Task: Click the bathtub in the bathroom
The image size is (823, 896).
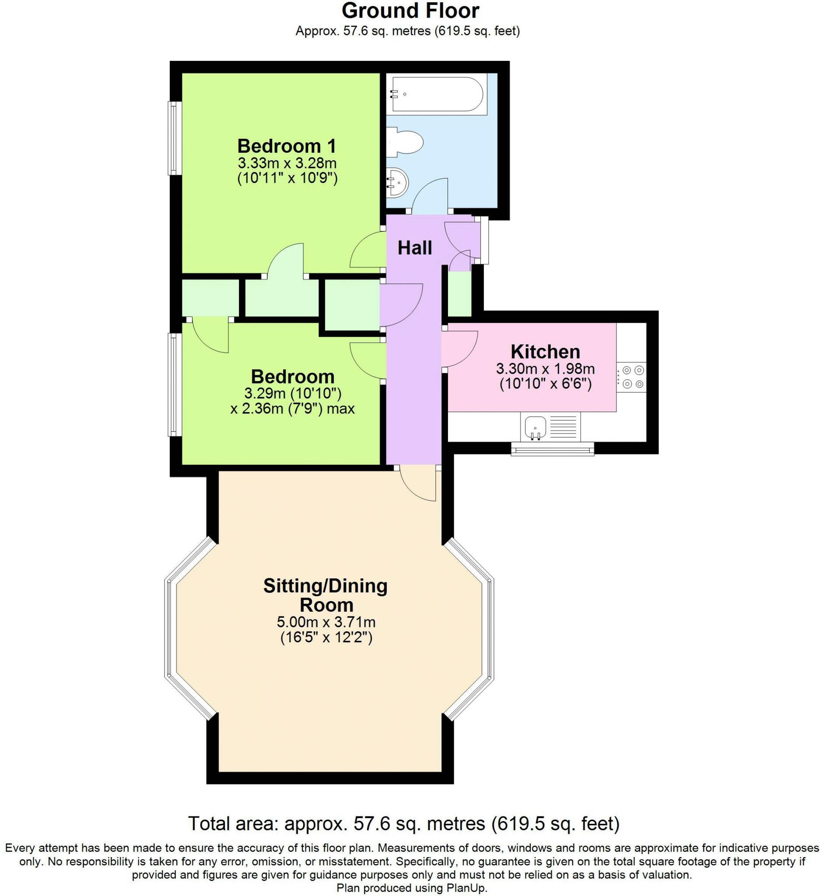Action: (x=437, y=94)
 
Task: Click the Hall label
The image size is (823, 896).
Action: (x=415, y=248)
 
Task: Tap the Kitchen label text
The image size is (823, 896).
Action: (x=545, y=352)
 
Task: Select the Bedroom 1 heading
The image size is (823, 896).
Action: (x=287, y=146)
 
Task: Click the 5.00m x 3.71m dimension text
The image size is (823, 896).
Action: (x=326, y=622)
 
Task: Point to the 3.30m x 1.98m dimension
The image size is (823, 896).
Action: (x=545, y=369)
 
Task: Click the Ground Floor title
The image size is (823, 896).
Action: (x=410, y=10)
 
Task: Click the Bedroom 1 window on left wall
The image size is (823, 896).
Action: (x=174, y=139)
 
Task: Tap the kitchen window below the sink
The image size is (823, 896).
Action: (x=552, y=449)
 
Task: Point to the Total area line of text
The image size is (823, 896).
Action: (x=404, y=823)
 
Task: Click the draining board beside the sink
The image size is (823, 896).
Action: (x=564, y=426)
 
